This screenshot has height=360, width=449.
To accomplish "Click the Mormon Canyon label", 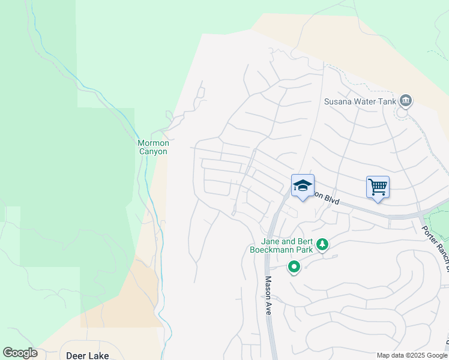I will (153, 147).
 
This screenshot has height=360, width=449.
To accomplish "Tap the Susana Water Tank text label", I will (360, 101).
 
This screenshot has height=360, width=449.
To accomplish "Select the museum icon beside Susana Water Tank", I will (405, 100).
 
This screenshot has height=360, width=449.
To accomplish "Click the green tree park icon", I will (323, 244).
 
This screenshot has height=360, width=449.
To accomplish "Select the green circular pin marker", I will (294, 267).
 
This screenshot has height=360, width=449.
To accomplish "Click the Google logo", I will (20, 353).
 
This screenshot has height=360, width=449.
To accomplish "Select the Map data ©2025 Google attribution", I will (411, 355).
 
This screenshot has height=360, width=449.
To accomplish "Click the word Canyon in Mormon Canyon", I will (153, 151).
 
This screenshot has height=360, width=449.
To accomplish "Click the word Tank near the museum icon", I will (387, 101).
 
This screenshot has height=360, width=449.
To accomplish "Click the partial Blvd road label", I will (328, 198).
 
